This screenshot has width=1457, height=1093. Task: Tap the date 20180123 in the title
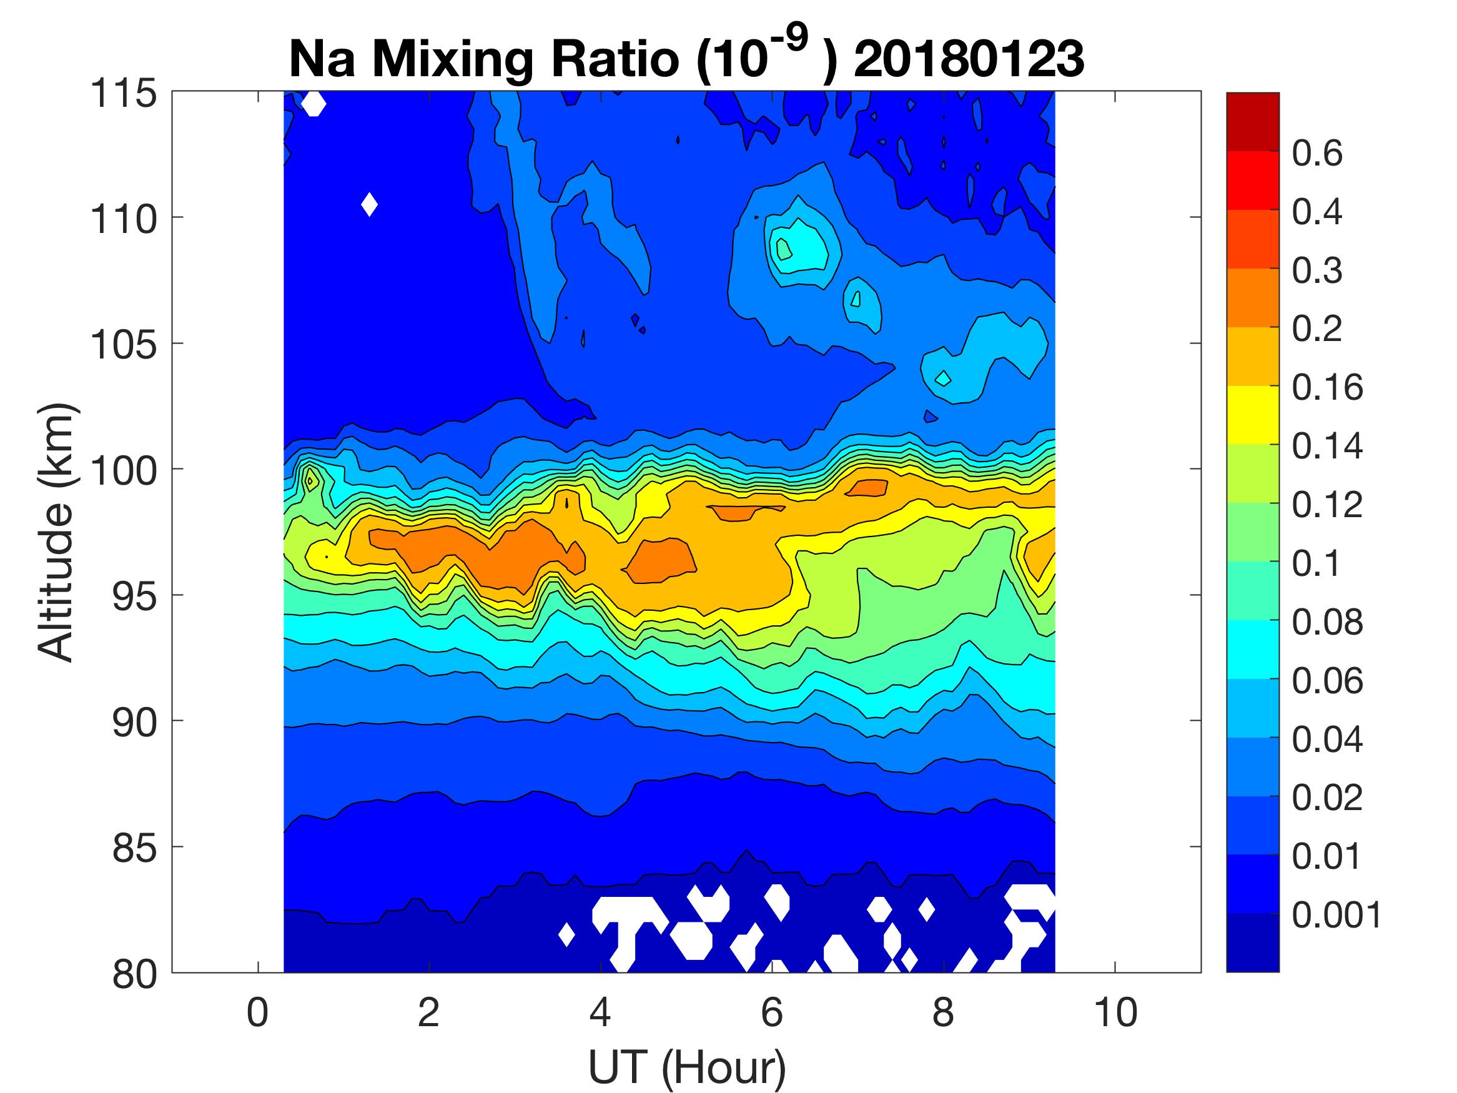(968, 59)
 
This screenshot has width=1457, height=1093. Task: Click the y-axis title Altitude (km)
(56, 532)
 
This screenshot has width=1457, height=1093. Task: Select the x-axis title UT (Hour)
(686, 1067)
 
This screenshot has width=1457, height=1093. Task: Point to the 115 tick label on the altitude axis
(124, 94)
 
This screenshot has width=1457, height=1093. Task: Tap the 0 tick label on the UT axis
(257, 1012)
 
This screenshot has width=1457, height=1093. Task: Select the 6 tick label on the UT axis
(772, 1012)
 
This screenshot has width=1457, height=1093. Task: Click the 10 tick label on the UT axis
(1115, 1012)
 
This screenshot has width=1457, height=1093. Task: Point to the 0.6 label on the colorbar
(1316, 154)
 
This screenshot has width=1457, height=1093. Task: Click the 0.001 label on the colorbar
(1336, 914)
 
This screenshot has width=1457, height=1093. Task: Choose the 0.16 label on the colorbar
(1326, 387)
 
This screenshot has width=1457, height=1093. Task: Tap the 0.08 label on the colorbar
(1326, 622)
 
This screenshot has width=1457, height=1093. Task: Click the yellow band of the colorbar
(1252, 415)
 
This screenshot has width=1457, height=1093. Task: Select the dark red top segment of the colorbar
(1252, 122)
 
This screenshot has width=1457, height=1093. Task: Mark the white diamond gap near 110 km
(370, 204)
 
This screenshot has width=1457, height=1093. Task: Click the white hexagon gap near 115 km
(314, 104)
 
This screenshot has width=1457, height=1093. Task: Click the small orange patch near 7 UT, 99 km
(867, 488)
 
